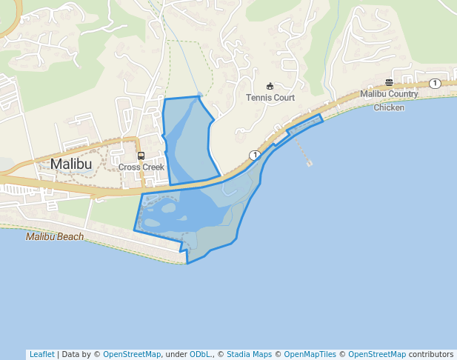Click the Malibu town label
[72, 164]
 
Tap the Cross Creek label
[141, 167]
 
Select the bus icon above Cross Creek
[141, 156]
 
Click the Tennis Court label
[270, 98]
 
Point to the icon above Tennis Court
[270, 86]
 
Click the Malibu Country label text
[389, 94]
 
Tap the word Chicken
[389, 107]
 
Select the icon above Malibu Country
[389, 82]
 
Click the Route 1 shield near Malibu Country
[435, 83]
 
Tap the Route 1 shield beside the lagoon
[255, 155]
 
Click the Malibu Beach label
[55, 237]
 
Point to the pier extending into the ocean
[304, 153]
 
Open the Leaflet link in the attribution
[41, 354]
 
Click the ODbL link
[200, 354]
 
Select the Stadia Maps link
[248, 354]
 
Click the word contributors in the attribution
[431, 354]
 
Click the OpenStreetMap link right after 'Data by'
[132, 354]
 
